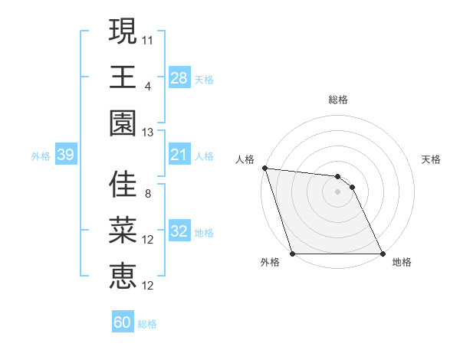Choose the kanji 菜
[123, 231]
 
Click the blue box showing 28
[179, 77]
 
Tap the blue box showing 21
[179, 155]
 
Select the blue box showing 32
[179, 232]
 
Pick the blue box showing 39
[65, 155]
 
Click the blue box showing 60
[122, 322]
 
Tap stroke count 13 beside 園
[148, 132]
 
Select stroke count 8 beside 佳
[148, 193]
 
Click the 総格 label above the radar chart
[338, 100]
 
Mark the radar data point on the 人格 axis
[264, 168]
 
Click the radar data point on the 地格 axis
[383, 253]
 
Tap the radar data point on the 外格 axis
[292, 253]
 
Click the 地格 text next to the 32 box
[204, 233]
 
